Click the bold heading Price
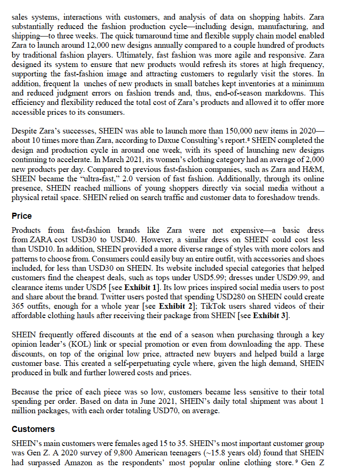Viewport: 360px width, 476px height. coord(22,216)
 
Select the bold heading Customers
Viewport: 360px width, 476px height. coord(33,429)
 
